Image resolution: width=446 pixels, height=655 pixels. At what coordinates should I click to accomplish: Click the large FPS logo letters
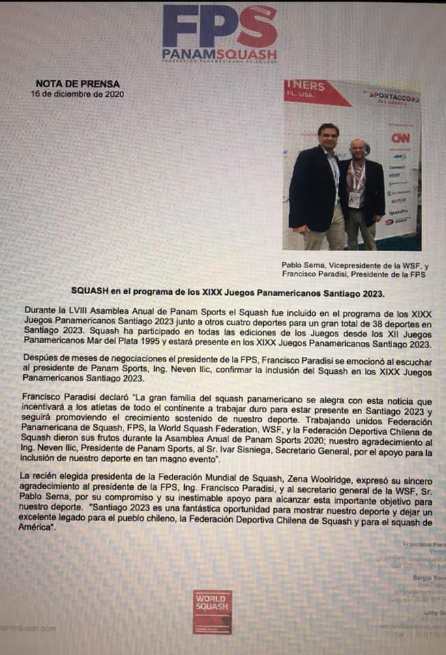[220, 27]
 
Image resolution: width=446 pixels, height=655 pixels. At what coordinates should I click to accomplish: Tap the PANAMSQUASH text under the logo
[220, 53]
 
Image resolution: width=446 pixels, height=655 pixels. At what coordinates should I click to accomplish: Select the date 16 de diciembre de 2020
[78, 94]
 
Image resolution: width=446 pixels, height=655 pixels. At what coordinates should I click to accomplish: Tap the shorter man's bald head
[357, 147]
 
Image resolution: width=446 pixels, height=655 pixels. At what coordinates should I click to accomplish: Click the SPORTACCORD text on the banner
[393, 97]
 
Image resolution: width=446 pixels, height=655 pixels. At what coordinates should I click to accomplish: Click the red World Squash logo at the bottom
[212, 611]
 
